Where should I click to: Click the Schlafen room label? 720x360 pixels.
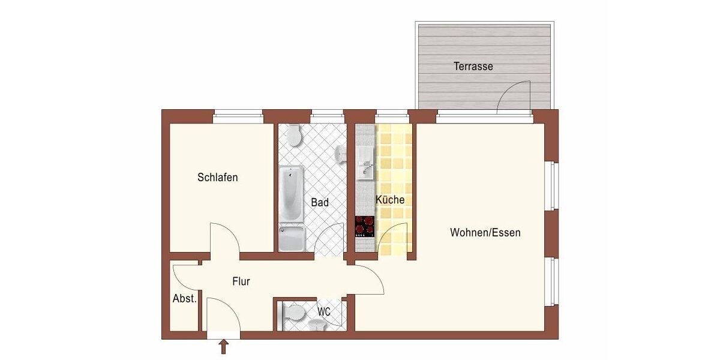pos(218,178)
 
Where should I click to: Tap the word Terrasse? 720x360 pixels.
pos(473,67)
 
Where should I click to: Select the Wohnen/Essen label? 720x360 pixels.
pos(485,233)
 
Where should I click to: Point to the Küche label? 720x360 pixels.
pos(390,200)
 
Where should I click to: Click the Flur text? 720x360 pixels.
pos(241,281)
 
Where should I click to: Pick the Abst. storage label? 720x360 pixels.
pos(184,299)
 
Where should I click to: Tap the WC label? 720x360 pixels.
pos(324,312)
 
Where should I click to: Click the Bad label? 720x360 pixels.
pos(320,203)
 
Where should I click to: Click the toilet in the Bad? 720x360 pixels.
pos(293,135)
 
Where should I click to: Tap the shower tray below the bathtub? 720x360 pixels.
pos(292,238)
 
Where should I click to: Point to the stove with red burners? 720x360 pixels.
pos(364,226)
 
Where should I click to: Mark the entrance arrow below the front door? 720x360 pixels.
pos(224,347)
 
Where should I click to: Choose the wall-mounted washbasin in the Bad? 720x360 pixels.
pos(341,154)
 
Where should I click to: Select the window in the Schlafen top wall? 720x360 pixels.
pos(238,116)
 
